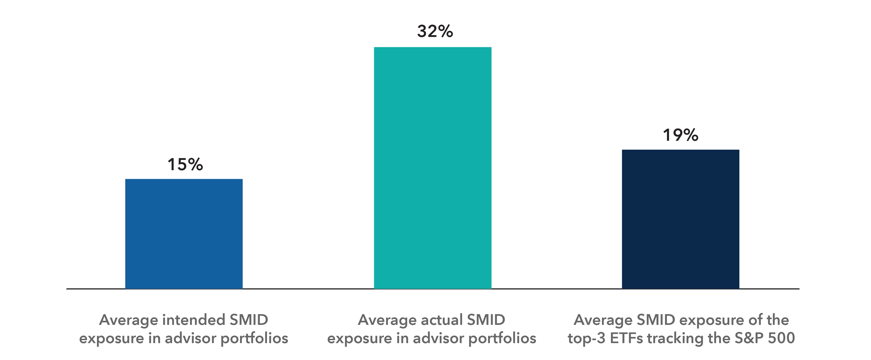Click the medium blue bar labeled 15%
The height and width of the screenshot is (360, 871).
[184, 234]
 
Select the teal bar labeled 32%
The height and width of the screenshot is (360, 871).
[432, 168]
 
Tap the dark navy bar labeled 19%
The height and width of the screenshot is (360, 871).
[680, 219]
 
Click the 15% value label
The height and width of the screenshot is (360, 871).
[185, 165]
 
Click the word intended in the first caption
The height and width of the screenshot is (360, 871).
[194, 320]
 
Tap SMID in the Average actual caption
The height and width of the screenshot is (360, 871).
[486, 320]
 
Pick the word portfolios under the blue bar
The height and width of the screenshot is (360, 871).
[254, 338]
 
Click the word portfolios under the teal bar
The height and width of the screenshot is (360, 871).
[502, 338]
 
